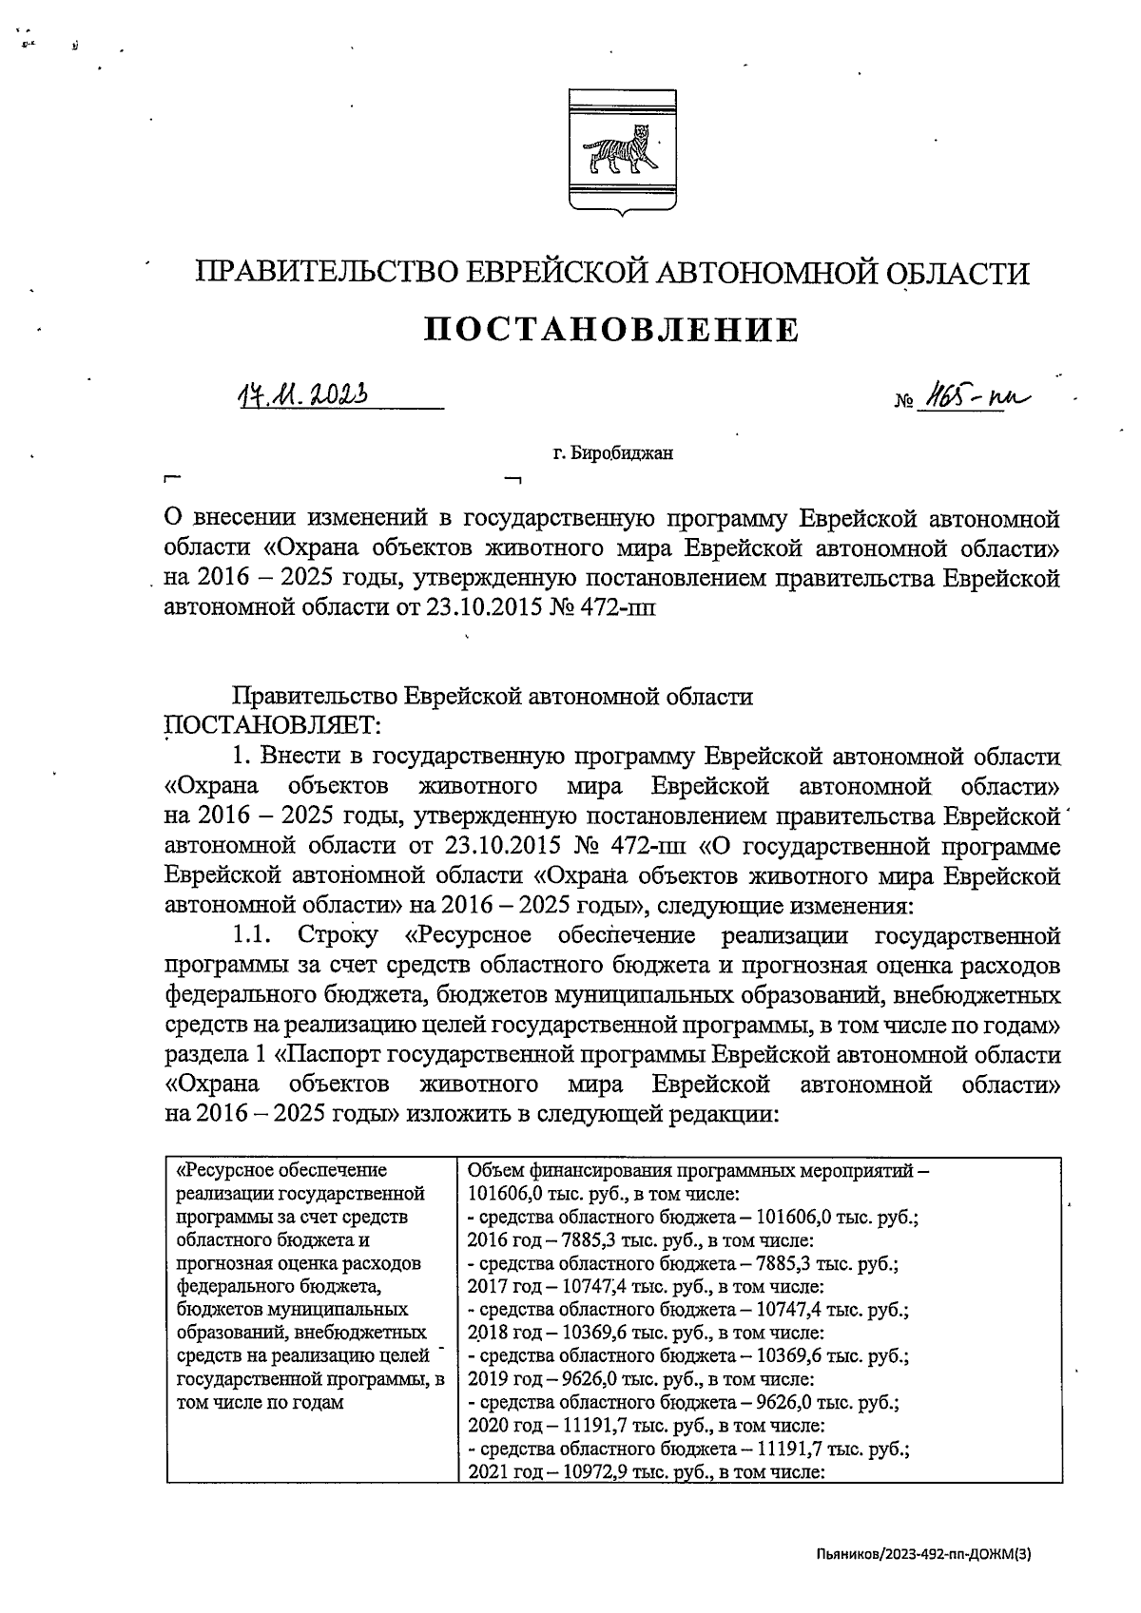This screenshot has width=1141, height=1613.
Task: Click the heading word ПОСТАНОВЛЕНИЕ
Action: click(611, 330)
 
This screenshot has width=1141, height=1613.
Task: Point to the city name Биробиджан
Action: click(613, 453)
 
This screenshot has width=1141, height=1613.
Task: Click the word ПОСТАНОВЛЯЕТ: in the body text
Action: click(273, 725)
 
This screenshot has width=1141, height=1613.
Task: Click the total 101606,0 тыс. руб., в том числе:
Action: click(604, 1194)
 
